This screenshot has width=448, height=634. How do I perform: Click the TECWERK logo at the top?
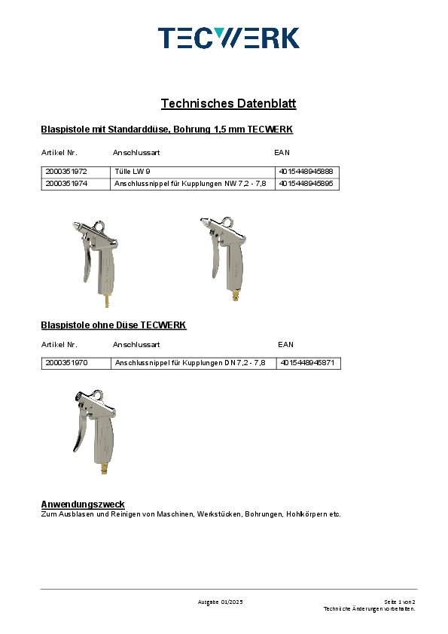(x=228, y=38)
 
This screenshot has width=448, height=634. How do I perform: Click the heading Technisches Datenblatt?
(x=223, y=103)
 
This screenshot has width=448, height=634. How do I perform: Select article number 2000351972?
(x=66, y=172)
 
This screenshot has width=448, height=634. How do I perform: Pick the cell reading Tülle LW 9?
(x=133, y=172)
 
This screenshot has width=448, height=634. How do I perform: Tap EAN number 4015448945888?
(x=305, y=172)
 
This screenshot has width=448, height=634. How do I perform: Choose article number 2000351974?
(x=66, y=183)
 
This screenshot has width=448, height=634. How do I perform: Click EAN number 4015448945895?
(x=305, y=183)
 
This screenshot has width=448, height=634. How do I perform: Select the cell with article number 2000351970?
(x=66, y=362)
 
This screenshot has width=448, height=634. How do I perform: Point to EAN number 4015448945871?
(x=309, y=362)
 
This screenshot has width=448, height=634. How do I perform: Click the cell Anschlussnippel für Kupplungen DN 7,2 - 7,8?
(x=190, y=362)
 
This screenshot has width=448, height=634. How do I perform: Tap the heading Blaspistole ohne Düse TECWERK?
(x=114, y=325)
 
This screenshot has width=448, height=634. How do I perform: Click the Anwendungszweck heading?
(x=82, y=504)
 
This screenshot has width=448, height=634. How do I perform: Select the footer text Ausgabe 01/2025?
(x=220, y=602)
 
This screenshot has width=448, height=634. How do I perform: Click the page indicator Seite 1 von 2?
(x=399, y=602)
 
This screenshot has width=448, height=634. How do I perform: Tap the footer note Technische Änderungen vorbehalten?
(x=369, y=608)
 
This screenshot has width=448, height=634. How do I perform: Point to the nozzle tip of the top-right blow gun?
(x=203, y=221)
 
